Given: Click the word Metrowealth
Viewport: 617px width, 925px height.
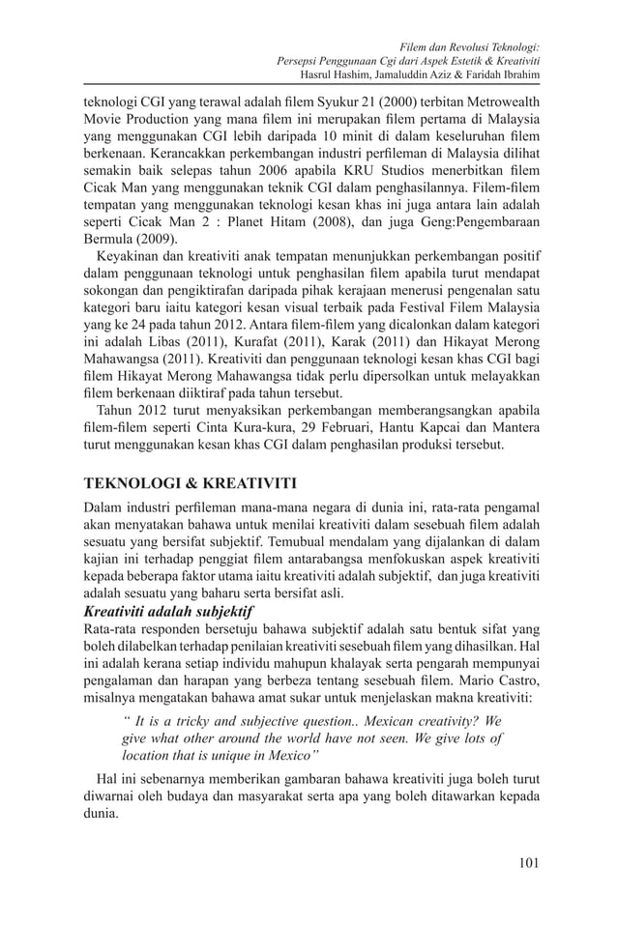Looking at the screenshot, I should [500, 101].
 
